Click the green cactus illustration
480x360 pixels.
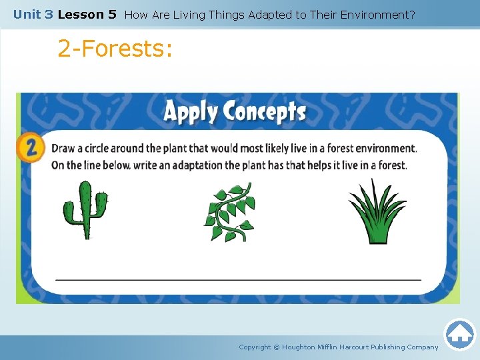click(85, 210)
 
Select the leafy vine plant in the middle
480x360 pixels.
click(229, 212)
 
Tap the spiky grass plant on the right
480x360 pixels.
click(377, 211)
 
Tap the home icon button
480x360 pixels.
click(459, 334)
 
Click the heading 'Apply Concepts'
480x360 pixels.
click(235, 111)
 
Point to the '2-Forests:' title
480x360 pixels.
click(115, 49)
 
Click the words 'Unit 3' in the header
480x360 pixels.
click(33, 14)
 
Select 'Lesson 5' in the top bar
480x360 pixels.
click(87, 14)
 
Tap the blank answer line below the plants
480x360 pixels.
click(238, 279)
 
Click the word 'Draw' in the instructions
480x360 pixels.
click(64, 149)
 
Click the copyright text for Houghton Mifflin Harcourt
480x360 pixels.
click(339, 347)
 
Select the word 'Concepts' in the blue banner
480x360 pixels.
click(265, 111)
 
